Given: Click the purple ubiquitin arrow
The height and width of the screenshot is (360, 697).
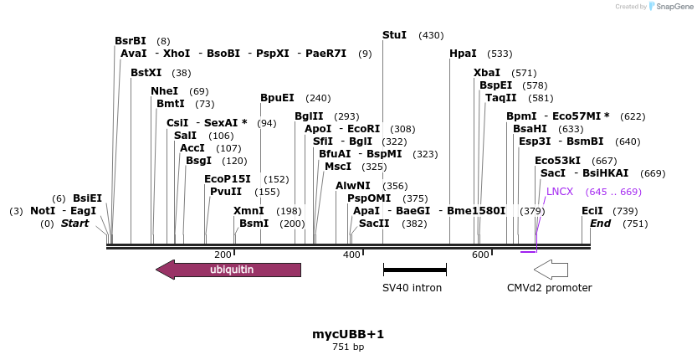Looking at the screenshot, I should pyautogui.click(x=228, y=270).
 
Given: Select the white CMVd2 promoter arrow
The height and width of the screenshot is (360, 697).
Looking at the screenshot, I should pyautogui.click(x=551, y=270).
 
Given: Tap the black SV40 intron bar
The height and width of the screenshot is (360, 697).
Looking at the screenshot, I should pyautogui.click(x=414, y=270).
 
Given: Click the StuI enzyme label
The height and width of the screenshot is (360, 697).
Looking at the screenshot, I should pyautogui.click(x=394, y=35).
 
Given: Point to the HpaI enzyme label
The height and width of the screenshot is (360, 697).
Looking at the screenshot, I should pyautogui.click(x=463, y=54).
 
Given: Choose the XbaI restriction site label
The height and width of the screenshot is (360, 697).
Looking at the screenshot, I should pyautogui.click(x=486, y=73).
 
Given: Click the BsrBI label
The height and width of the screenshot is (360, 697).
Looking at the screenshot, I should pyautogui.click(x=130, y=41).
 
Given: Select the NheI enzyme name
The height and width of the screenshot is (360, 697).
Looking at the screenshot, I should pyautogui.click(x=164, y=91).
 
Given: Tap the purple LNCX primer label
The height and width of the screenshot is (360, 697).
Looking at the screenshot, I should pyautogui.click(x=560, y=192).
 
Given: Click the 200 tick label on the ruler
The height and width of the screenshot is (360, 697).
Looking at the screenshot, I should pyautogui.click(x=223, y=255).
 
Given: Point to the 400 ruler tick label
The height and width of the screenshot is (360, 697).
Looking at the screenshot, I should pyautogui.click(x=351, y=255).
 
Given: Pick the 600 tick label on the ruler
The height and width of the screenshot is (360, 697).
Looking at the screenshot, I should pyautogui.click(x=480, y=255).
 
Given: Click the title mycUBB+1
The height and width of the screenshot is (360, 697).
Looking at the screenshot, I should pyautogui.click(x=348, y=334).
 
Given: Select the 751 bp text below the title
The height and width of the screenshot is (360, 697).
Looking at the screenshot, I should pyautogui.click(x=348, y=347).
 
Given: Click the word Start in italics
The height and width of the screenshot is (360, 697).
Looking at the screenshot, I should pyautogui.click(x=74, y=224).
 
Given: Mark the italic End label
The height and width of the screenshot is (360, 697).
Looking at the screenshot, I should pyautogui.click(x=600, y=224).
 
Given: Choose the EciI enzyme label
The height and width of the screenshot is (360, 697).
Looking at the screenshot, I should pyautogui.click(x=592, y=211).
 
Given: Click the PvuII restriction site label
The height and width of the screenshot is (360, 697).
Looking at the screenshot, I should pyautogui.click(x=226, y=192).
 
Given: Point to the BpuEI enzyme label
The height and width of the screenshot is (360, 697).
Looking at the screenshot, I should pyautogui.click(x=277, y=98).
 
